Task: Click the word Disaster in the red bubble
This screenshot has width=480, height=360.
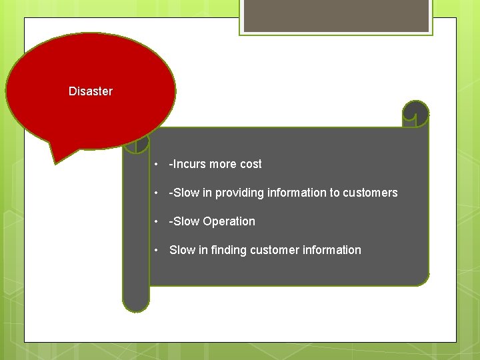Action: pyautogui.click(x=91, y=91)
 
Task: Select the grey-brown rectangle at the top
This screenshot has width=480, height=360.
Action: pyautogui.click(x=336, y=15)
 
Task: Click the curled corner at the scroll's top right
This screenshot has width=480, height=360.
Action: pyautogui.click(x=416, y=114)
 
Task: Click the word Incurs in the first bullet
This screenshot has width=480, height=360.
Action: pyautogui.click(x=189, y=164)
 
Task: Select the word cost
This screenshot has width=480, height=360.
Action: pyautogui.click(x=250, y=164)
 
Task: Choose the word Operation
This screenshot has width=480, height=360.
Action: pyautogui.click(x=229, y=221)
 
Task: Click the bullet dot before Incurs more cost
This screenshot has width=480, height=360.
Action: pyautogui.click(x=155, y=165)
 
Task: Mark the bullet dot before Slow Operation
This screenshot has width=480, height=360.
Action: pyautogui.click(x=155, y=222)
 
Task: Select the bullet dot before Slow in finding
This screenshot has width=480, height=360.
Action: pyautogui.click(x=155, y=251)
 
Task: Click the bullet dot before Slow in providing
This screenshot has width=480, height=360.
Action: pyautogui.click(x=155, y=193)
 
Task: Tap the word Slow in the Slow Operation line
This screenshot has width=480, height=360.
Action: pyautogui.click(x=186, y=221)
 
